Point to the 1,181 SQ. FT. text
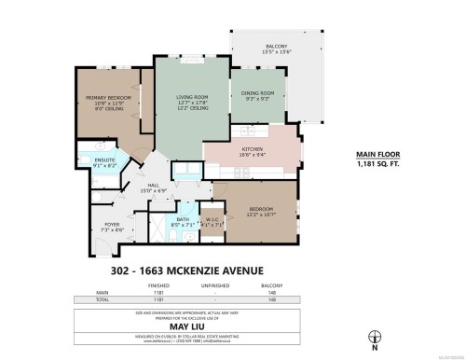[377, 164]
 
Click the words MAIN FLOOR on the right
[377, 155]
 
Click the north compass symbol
[375, 338]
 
